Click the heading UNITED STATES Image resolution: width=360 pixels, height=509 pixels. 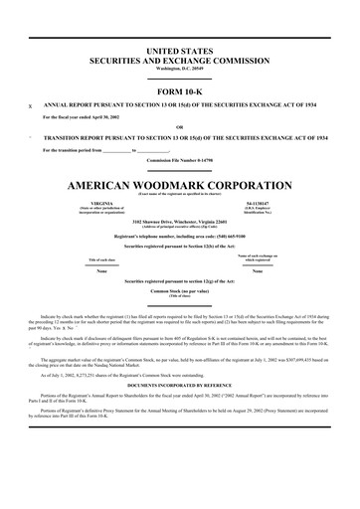click(x=180, y=49)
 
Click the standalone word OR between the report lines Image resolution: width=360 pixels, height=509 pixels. click(x=180, y=126)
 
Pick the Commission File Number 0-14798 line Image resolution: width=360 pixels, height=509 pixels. click(x=180, y=160)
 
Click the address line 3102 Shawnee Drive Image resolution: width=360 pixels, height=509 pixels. click(x=180, y=221)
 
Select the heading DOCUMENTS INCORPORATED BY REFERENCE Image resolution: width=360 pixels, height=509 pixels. click(x=180, y=382)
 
